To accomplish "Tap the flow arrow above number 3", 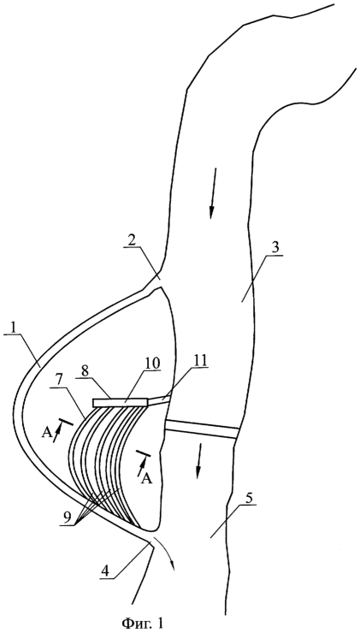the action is pos(213,193).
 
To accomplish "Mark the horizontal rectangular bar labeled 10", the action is pos(121,402).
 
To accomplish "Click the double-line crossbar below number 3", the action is pos(202,429).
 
